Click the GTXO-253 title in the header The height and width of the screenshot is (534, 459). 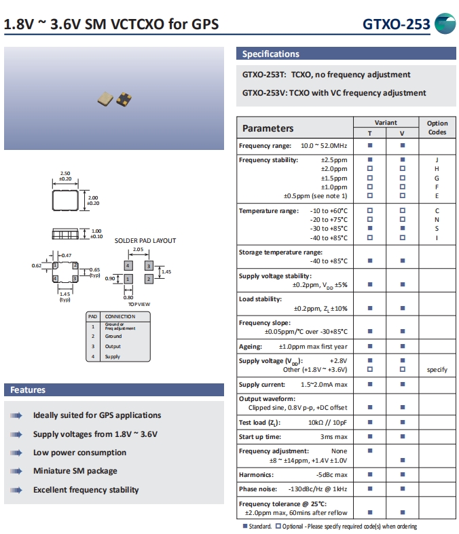tap(396, 24)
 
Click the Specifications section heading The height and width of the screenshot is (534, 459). tap(270, 54)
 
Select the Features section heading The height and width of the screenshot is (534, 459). tap(28, 390)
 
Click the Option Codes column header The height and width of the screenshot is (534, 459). tap(437, 128)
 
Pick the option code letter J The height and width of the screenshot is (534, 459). tap(437, 160)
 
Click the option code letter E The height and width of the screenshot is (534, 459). tap(437, 196)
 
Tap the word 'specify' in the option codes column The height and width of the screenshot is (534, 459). tap(437, 370)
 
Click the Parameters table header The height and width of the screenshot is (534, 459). tap(268, 128)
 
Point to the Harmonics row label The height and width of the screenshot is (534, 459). tap(256, 475)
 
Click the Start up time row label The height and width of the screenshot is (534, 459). tap(260, 437)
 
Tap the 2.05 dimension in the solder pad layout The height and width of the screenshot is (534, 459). tap(138, 250)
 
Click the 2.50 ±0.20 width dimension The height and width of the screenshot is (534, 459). tap(66, 176)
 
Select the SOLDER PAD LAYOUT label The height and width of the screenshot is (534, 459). tap(145, 241)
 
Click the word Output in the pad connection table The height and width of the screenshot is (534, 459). tap(113, 346)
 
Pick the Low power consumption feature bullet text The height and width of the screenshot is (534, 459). tap(79, 453)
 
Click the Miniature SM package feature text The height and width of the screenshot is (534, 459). tap(75, 471)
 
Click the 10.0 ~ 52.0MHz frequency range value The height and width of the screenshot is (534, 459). tap(324, 146)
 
